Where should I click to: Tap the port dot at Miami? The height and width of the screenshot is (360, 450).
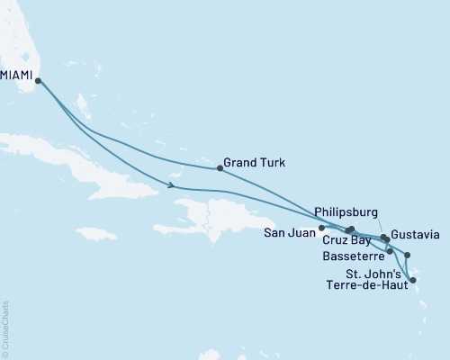[38, 81]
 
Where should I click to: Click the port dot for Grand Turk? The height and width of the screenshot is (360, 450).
[220, 168]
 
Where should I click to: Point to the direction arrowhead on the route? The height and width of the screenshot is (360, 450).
[170, 186]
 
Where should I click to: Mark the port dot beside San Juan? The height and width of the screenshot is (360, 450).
[321, 229]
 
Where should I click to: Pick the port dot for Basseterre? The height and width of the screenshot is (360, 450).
[389, 251]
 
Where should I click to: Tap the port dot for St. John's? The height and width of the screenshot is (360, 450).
[408, 256]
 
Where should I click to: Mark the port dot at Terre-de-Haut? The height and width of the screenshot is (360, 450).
[413, 281]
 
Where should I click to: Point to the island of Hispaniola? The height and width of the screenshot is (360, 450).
[211, 216]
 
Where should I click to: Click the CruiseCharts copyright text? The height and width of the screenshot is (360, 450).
[5, 328]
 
